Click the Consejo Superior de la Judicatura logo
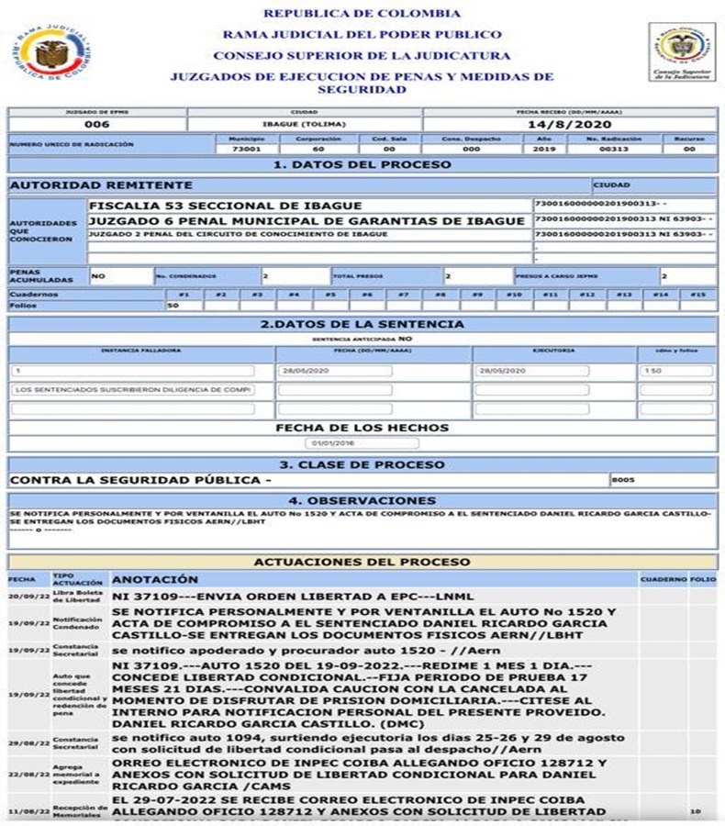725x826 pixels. click(x=681, y=51)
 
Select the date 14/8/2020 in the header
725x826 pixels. click(x=570, y=124)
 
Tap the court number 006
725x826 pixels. click(x=96, y=124)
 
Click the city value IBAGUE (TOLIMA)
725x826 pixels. click(x=305, y=124)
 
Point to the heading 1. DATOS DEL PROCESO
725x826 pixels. click(x=362, y=164)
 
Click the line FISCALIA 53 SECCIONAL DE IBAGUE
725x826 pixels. click(x=226, y=206)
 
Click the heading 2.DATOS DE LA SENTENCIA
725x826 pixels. click(x=362, y=324)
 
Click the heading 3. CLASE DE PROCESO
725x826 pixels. click(x=362, y=463)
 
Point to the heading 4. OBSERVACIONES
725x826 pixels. click(x=362, y=500)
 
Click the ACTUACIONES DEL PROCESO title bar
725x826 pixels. click(x=362, y=561)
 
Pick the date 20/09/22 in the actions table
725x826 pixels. click(x=22, y=597)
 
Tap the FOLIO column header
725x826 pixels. click(x=703, y=579)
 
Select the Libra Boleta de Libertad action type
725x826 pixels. click(x=78, y=597)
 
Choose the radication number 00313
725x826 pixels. click(x=610, y=148)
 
